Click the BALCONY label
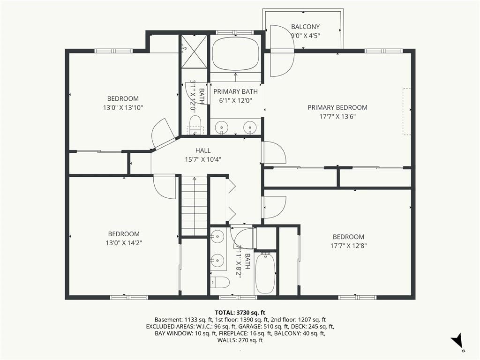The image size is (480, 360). [305, 27]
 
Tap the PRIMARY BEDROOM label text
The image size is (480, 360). [337, 107]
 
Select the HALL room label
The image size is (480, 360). [203, 150]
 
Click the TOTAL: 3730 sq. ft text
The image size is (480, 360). [240, 313]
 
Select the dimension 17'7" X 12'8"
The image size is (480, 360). [348, 246]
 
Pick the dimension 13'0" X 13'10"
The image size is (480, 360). [123, 107]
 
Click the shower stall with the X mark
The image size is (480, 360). [194, 52]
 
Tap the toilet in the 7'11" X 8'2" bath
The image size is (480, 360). [220, 282]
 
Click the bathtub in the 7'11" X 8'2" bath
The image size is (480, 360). [265, 272]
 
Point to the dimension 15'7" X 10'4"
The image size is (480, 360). [203, 159]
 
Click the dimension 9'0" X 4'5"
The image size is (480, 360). [305, 36]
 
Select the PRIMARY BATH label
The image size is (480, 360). [235, 91]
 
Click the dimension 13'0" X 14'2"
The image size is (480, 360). [124, 243]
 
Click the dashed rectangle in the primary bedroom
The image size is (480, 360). [406, 112]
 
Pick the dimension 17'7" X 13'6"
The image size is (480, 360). [337, 116]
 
